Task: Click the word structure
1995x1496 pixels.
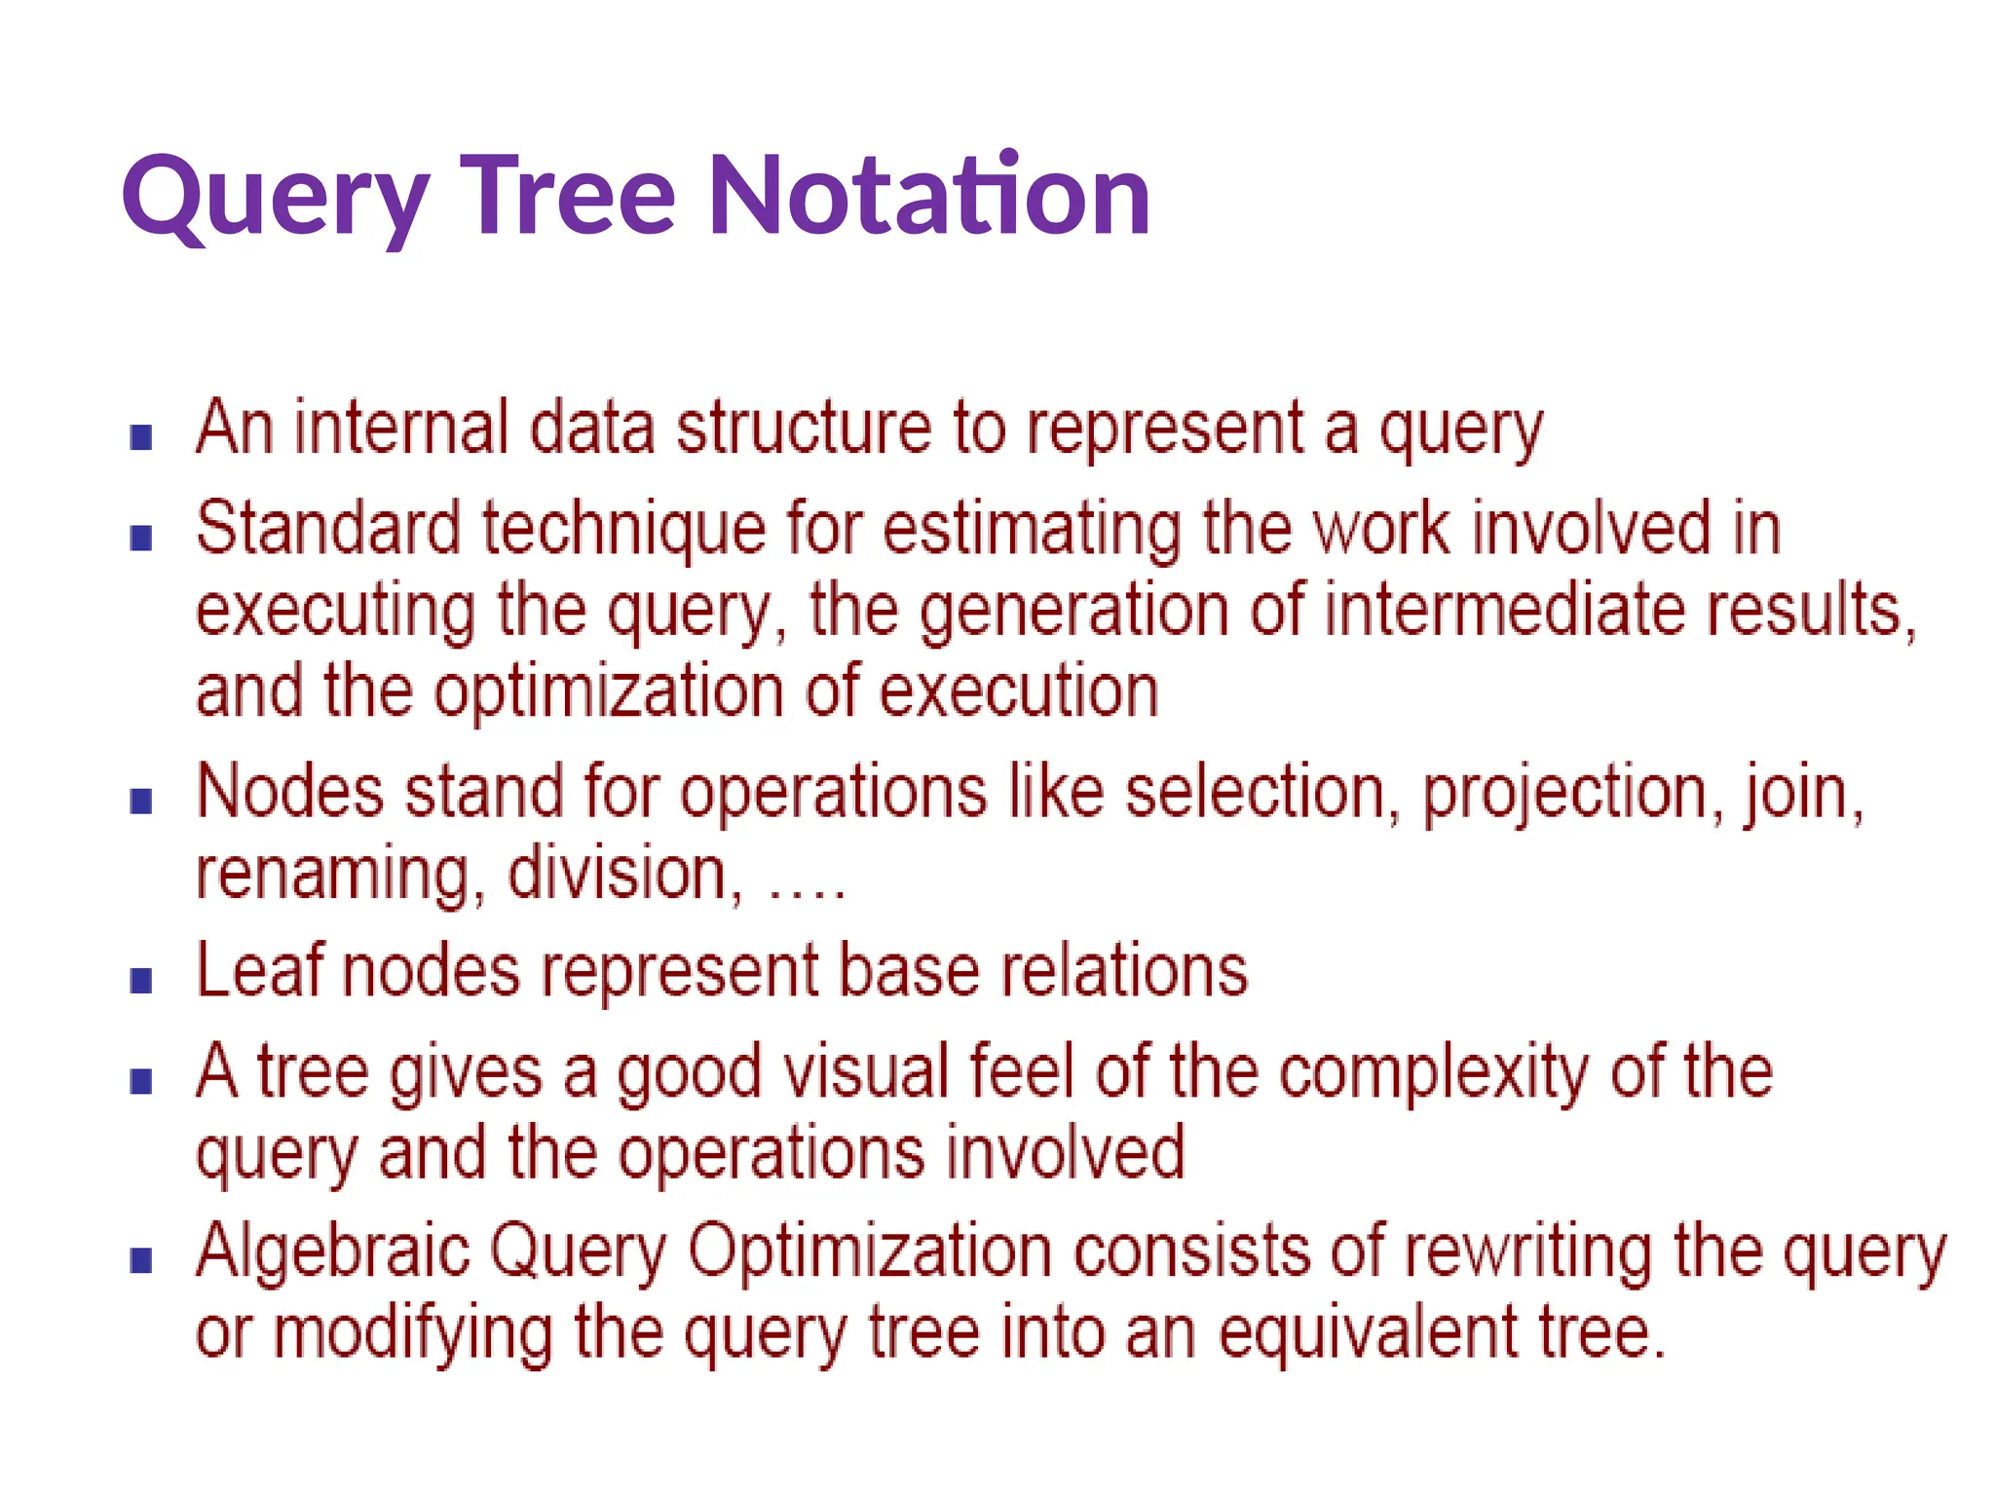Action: (805, 429)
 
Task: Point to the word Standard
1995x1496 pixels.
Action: (328, 529)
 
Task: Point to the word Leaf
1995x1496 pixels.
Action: (259, 970)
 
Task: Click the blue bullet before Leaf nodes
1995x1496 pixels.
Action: (141, 980)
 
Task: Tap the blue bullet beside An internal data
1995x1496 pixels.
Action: (141, 437)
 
